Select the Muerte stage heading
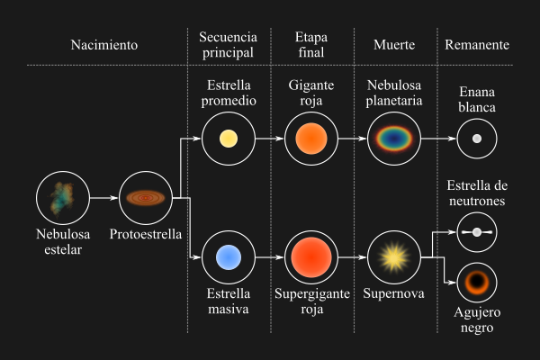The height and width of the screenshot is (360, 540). tap(392, 45)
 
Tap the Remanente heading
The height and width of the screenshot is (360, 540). tap(476, 45)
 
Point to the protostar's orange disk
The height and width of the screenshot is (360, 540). tap(145, 197)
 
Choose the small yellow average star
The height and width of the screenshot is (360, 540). tap(228, 139)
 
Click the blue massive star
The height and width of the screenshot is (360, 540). tap(228, 256)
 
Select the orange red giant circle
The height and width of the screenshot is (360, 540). tap(310, 139)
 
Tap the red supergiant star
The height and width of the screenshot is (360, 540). tap(310, 256)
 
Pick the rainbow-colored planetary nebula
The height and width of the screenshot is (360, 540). tap(393, 139)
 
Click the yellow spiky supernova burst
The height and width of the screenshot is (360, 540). tap(393, 256)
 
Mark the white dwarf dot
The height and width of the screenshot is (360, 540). tap(477, 139)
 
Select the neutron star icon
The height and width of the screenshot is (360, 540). tap(477, 231)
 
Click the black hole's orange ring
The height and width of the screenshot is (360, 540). tap(477, 283)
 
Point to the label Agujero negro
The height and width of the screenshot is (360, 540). tap(476, 320)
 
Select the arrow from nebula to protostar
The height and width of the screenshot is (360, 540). tap(103, 197)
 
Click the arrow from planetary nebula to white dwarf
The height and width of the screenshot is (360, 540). tap(436, 139)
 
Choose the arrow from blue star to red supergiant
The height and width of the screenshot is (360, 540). tap(268, 256)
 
